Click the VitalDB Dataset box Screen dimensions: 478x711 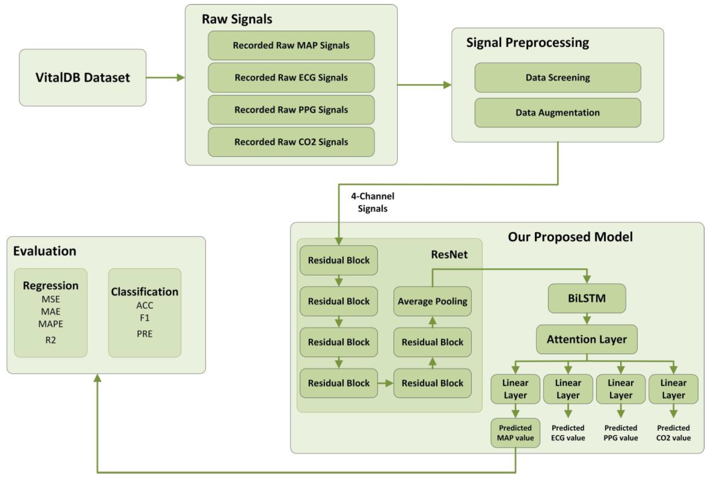coord(82,77)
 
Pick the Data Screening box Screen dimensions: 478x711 coord(557,77)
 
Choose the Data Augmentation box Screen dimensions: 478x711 coord(557,112)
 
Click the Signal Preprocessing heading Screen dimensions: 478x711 coord(527,42)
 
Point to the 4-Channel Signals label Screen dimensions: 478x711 coord(372,202)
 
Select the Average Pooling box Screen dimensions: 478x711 coord(432,301)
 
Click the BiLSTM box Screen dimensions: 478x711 coord(587,298)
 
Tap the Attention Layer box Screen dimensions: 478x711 coord(587,339)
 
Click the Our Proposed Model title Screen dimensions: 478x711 coord(570,237)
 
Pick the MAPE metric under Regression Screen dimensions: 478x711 coord(51,324)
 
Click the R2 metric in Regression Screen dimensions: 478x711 coord(51,340)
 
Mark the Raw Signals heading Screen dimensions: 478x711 coord(237,19)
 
